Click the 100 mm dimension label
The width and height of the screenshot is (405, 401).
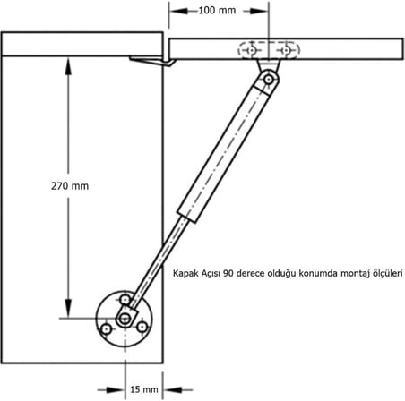pyautogui.click(x=217, y=11)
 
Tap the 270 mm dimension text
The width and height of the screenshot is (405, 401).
pyautogui.click(x=70, y=186)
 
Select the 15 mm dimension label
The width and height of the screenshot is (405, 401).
pyautogui.click(x=144, y=389)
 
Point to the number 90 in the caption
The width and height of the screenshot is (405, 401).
pyautogui.click(x=228, y=273)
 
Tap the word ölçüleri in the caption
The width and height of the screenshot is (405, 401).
pyautogui.click(x=387, y=274)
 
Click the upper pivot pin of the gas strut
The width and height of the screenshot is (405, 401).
pyautogui.click(x=269, y=80)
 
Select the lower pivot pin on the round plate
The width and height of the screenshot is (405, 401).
pyautogui.click(x=125, y=319)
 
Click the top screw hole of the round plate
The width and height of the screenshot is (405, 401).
pyautogui.click(x=125, y=299)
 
